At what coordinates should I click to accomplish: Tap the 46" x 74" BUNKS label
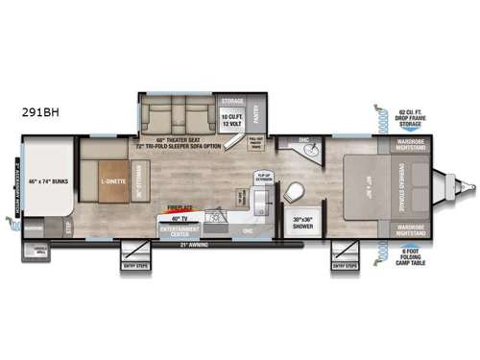40,180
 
